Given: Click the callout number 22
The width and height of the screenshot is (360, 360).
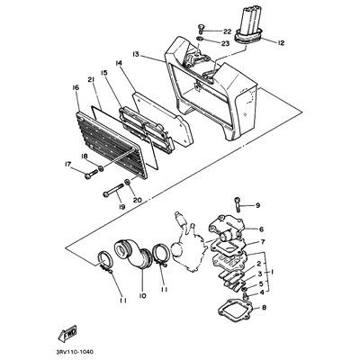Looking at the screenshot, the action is pos(227,31).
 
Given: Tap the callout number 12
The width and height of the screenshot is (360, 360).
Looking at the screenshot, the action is pos(280,42).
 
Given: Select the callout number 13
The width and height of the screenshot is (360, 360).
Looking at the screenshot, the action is pos(136,54).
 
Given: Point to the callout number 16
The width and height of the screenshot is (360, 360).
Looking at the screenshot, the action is pos(76,87).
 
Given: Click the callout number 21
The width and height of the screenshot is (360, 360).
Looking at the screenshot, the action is pos(91,79).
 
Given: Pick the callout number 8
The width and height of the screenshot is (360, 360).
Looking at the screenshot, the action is pos(264,307).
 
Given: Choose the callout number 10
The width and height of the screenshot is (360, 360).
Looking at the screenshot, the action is pos(142,295).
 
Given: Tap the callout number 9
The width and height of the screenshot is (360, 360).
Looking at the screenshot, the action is pos(257,205).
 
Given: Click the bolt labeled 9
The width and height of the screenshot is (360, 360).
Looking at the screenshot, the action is pos(238,204).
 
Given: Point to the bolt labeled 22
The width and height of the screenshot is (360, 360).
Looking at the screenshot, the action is pos(202,29).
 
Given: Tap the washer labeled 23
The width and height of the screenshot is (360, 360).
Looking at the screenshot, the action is pos(200,39).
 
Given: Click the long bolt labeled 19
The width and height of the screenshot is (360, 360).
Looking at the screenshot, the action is pos(113,190).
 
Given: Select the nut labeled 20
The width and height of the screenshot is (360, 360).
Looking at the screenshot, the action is pos(127,182).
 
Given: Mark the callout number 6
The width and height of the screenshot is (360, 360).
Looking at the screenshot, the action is pos(261,229).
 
